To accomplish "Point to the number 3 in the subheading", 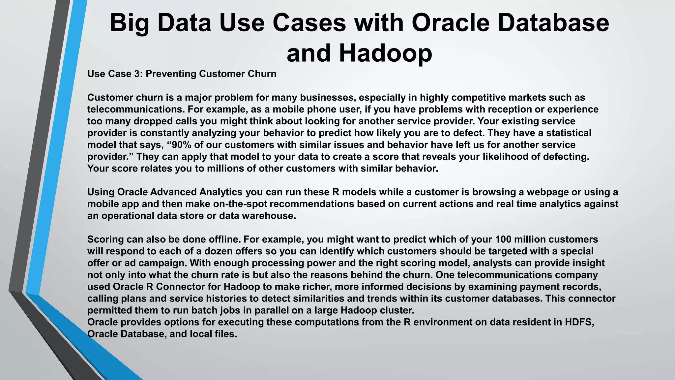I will pos(137,74).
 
